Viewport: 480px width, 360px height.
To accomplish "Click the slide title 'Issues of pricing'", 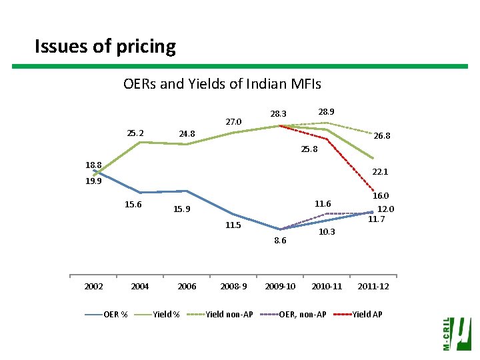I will coord(105,47).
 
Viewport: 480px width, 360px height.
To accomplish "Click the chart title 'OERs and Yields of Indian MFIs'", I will coord(222,84).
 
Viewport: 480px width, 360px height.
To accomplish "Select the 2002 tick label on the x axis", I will coord(93,287).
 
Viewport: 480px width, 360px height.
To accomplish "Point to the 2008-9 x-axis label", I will coord(233,287).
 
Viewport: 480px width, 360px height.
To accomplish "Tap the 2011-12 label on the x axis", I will coord(373,287).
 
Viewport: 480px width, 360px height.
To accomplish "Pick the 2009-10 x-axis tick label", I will coord(280,287).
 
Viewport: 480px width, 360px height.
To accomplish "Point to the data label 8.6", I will coord(280,241).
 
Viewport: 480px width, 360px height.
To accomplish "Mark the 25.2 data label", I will coord(135,133).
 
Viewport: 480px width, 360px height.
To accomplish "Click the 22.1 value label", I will coord(381,171).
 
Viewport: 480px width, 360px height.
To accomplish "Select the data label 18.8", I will coord(93,165).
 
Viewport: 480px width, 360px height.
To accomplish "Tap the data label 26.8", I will coord(382,136).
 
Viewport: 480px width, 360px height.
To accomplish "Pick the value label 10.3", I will coord(327,231).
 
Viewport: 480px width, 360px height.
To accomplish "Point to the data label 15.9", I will coord(182,209).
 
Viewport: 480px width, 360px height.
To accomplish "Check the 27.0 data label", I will coord(233,122).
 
